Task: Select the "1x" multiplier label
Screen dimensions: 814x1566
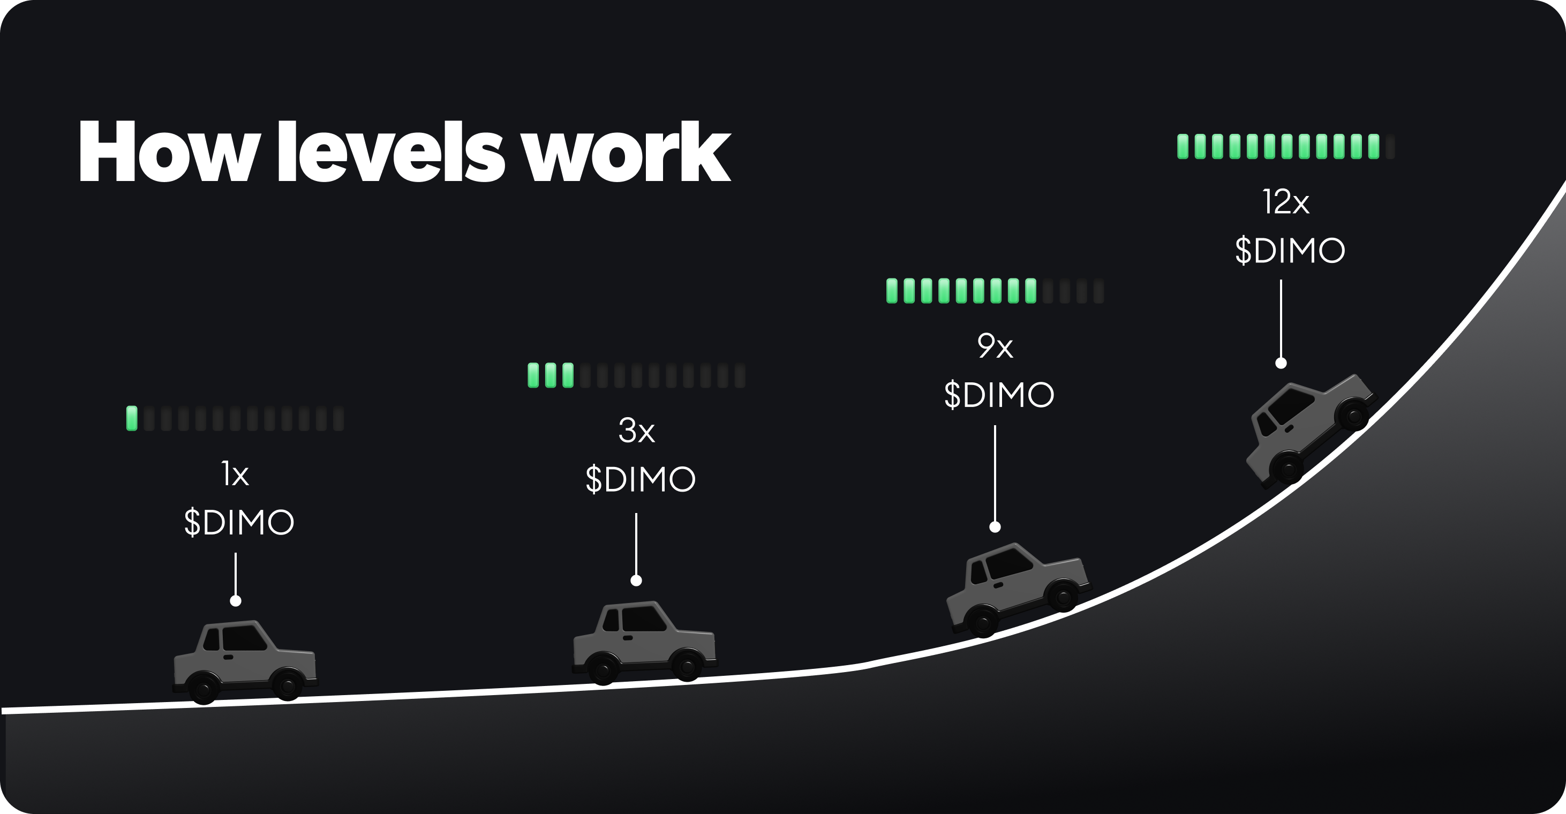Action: pos(235,474)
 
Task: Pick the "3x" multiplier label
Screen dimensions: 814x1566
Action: pos(636,431)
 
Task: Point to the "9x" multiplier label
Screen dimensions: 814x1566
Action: pos(995,346)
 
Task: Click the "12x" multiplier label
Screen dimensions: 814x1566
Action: pos(1285,202)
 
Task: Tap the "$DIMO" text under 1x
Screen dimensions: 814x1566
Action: pos(239,522)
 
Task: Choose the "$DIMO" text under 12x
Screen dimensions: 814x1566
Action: pos(1290,251)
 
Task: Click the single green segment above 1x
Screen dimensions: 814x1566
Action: pos(131,418)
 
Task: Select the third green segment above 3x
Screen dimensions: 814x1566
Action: pos(568,375)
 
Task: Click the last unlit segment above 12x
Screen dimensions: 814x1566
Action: pos(1390,147)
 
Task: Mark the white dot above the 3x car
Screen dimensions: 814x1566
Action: pos(636,581)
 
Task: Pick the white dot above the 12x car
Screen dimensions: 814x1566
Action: pos(1281,364)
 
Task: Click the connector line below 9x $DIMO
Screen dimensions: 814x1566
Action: pos(995,474)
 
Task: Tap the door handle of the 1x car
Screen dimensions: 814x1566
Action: pos(229,657)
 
